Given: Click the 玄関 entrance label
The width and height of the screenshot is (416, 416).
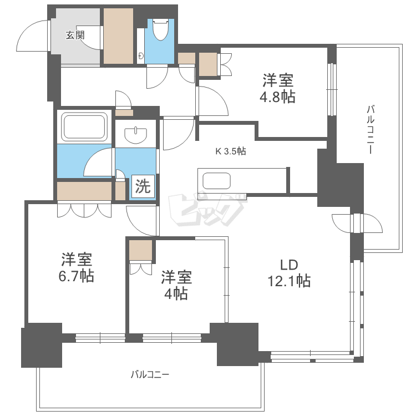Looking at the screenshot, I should pos(75,35).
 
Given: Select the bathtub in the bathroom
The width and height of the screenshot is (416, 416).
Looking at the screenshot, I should pos(84,126).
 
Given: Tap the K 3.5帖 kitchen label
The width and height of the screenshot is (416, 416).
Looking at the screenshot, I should pos(231,151).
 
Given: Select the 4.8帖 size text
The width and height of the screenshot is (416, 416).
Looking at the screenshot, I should pos(278,98).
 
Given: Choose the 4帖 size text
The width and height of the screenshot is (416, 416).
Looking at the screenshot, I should pos(176,294).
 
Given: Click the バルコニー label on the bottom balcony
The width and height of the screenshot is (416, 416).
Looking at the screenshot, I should pos(150,374).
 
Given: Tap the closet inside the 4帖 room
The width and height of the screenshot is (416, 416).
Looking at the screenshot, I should pos(140,251).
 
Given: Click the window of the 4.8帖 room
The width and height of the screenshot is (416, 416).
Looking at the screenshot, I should pos(332,89).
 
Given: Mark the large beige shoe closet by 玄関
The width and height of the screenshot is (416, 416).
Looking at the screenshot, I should pos(118,35).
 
